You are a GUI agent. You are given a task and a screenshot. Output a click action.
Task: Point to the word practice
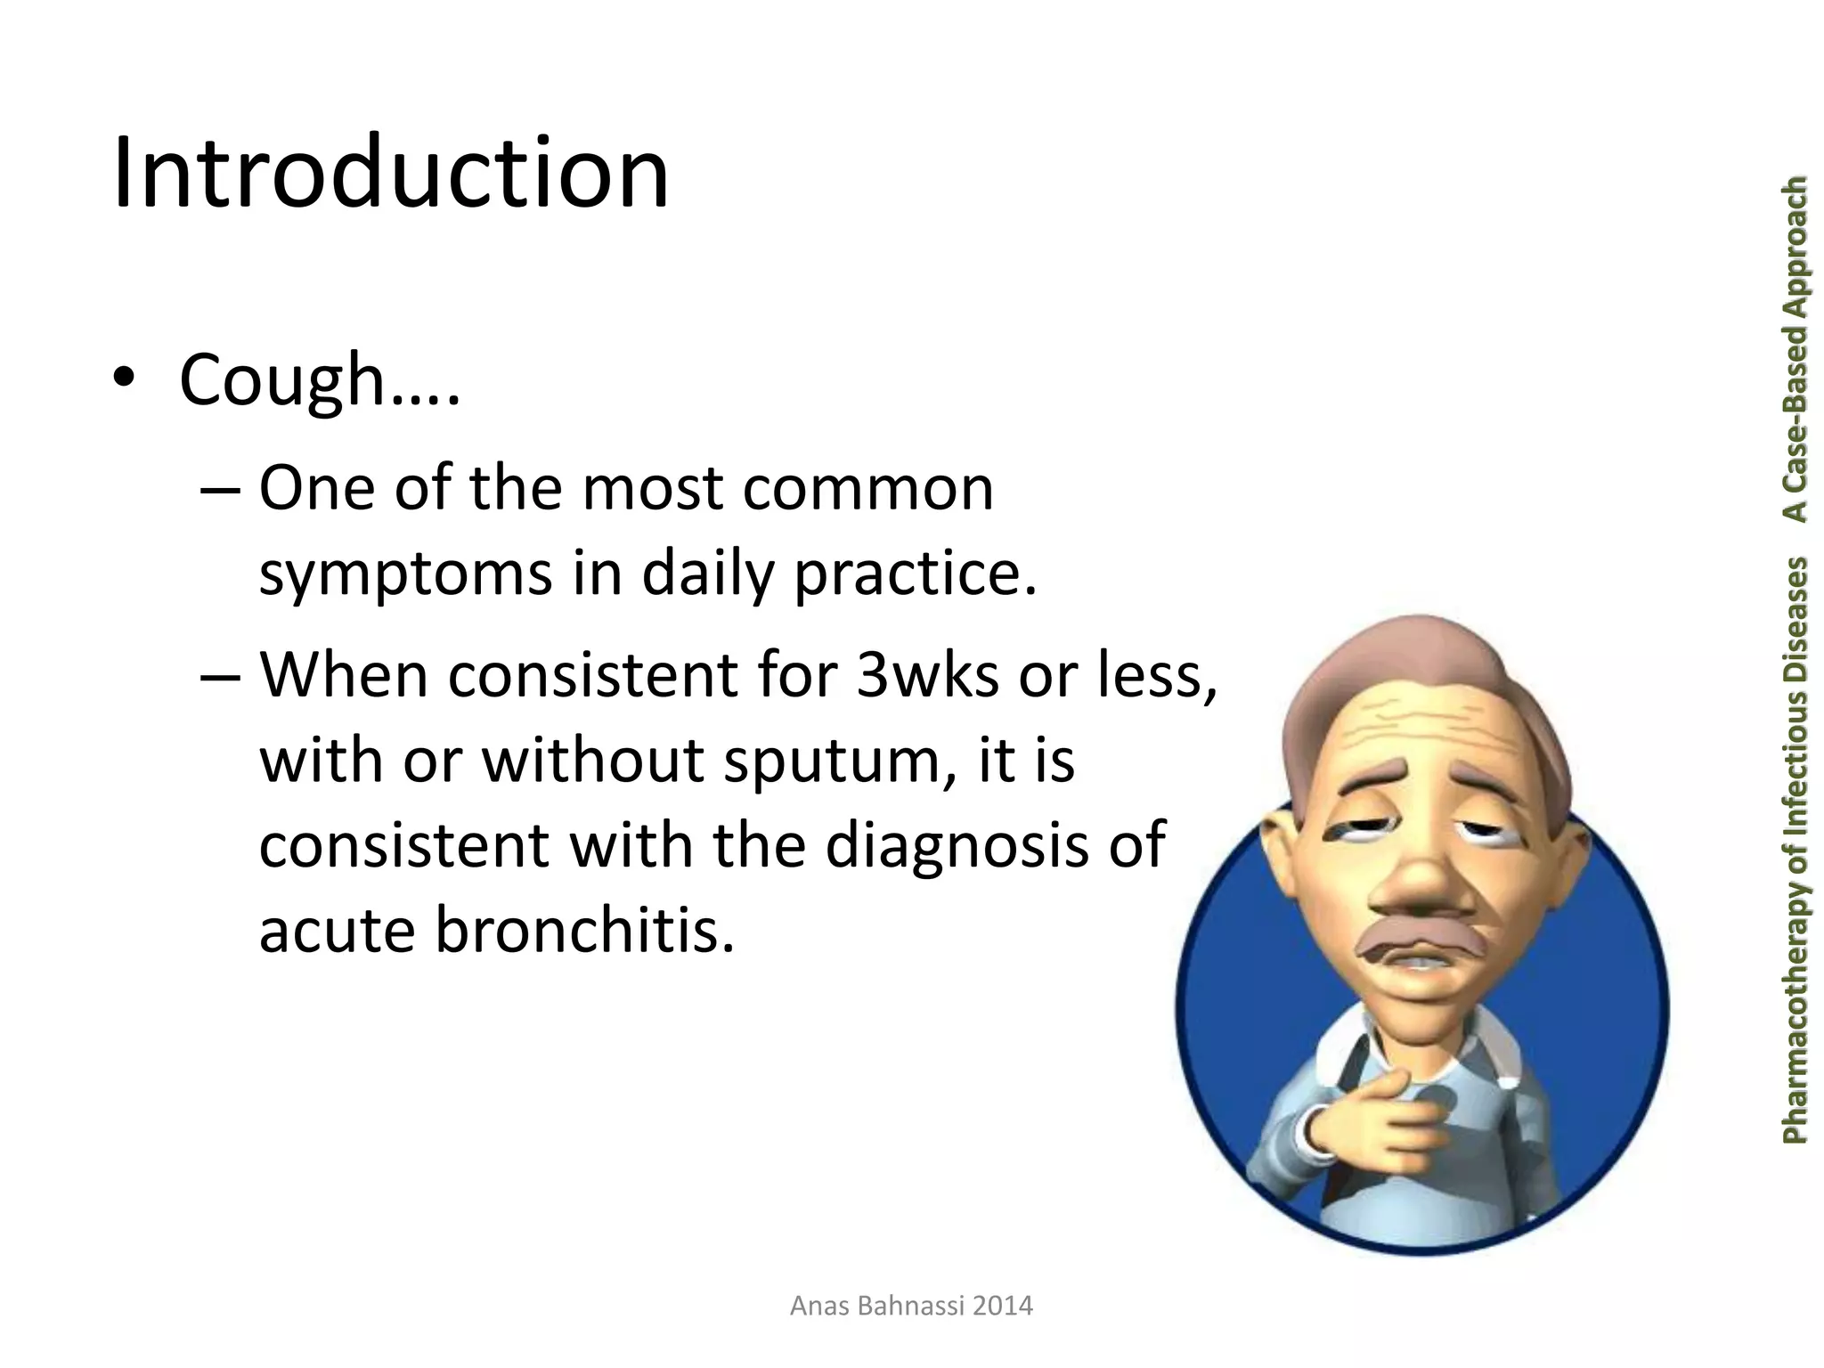pyautogui.click(x=914, y=574)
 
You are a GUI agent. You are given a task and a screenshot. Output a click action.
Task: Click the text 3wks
pyautogui.click(x=927, y=674)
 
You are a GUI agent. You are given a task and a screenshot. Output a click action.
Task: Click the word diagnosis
pyautogui.click(x=957, y=845)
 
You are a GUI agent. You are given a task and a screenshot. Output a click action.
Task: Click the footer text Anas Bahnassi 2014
pyautogui.click(x=911, y=1306)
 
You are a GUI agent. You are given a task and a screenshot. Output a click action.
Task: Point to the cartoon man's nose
pyautogui.click(x=1423, y=882)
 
